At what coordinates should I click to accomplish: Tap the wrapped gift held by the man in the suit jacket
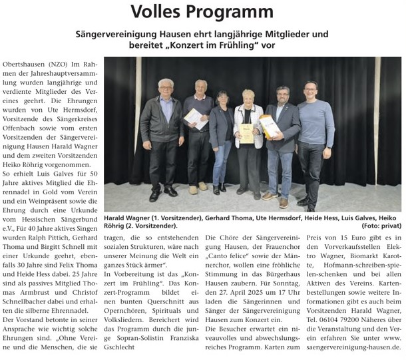point(268,124)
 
